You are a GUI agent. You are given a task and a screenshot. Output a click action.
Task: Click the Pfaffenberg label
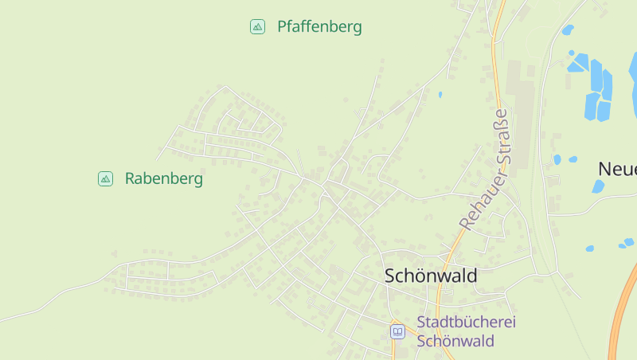[x=319, y=27]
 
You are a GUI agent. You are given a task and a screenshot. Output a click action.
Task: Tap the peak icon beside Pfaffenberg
[x=257, y=27]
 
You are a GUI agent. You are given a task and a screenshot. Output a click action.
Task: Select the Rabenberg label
[x=164, y=179]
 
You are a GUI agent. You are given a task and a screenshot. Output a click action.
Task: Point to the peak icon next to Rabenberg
[x=105, y=179]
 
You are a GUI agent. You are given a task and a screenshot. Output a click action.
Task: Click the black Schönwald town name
[x=431, y=276]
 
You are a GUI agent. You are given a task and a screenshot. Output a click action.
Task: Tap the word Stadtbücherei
[x=467, y=323]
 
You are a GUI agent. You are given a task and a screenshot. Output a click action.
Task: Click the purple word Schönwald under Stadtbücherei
[x=455, y=341]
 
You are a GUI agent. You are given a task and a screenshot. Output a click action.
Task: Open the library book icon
[x=397, y=331]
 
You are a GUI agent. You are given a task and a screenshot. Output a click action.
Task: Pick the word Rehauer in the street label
[x=476, y=199]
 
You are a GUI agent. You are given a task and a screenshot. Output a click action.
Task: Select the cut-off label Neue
[x=618, y=169]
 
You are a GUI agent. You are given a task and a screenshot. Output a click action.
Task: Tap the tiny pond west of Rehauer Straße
[x=440, y=95]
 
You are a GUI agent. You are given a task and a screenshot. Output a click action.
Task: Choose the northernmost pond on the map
[x=567, y=30]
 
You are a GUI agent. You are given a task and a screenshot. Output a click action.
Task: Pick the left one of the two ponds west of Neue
[x=557, y=159]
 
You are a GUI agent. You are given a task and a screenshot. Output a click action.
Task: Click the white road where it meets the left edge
[x=2, y=320]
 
